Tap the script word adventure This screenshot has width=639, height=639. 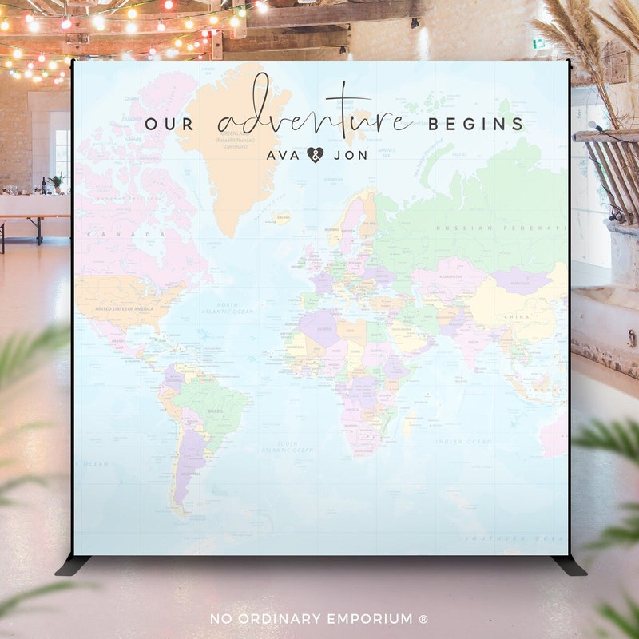point(315,112)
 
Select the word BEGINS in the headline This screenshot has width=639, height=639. point(476,125)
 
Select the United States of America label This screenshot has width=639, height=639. point(123,308)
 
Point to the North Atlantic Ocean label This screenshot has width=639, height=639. point(228,309)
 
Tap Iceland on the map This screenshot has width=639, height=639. point(282,216)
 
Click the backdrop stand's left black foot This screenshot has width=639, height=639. point(72,565)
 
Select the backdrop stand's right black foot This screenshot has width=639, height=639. point(570,565)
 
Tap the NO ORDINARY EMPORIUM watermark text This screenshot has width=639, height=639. point(319,619)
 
